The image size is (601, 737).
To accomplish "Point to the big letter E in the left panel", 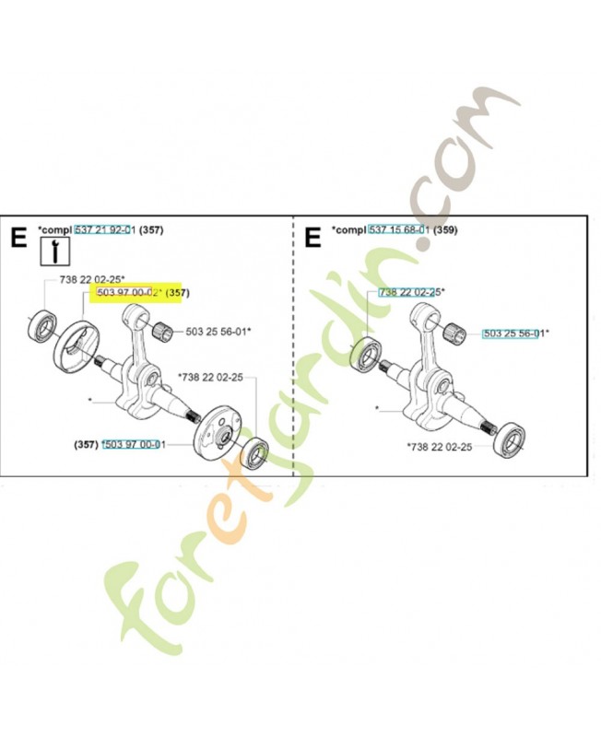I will click(x=18, y=238).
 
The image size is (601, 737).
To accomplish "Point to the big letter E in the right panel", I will click(x=312, y=238).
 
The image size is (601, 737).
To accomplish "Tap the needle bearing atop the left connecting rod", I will click(x=167, y=327).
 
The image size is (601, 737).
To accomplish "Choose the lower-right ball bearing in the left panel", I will click(x=253, y=453).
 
